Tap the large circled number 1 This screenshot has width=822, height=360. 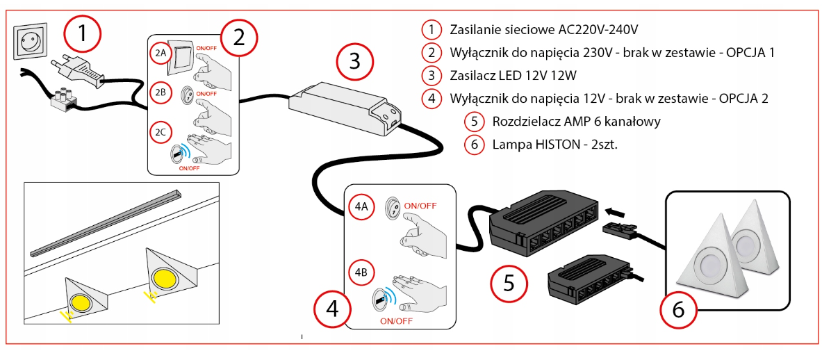point(83,33)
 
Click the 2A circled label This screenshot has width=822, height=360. point(161,53)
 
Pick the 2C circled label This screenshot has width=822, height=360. point(161,131)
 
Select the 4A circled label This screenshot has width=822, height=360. point(361,206)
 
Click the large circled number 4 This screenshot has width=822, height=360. point(332,309)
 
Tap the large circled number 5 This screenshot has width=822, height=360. point(509,284)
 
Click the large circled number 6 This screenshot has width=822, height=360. point(678,310)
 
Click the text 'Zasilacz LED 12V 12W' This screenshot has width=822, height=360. point(513,76)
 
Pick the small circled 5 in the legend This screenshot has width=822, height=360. point(474,122)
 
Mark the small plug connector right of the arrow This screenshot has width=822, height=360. point(622,229)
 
